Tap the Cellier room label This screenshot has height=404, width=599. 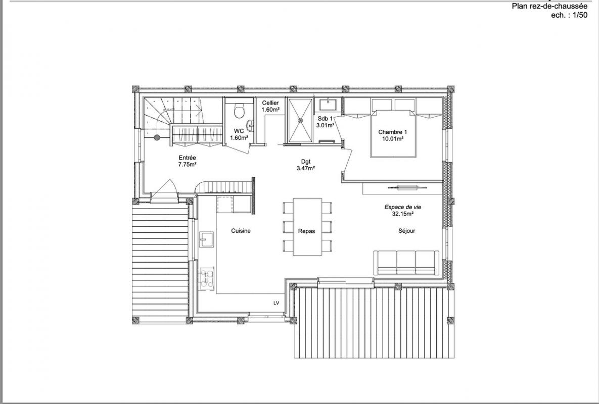coord(270,103)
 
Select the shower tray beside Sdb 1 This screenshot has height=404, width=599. coord(300,121)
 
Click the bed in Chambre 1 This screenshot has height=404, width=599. coord(393,133)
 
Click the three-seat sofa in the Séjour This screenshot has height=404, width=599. coord(406,263)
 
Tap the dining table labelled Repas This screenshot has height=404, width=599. coord(307,226)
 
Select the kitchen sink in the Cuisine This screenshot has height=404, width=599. coord(206,239)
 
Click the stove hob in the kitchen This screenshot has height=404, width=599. coord(206,279)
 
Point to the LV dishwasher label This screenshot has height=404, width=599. coord(276,304)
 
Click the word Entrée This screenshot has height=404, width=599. coord(187,158)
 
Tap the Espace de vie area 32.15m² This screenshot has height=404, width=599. coord(403,214)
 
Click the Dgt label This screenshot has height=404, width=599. coord(306,162)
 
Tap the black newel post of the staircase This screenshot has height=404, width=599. coord(157,138)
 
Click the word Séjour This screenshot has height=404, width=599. coord(406,231)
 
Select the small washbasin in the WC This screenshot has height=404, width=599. coord(250,125)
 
